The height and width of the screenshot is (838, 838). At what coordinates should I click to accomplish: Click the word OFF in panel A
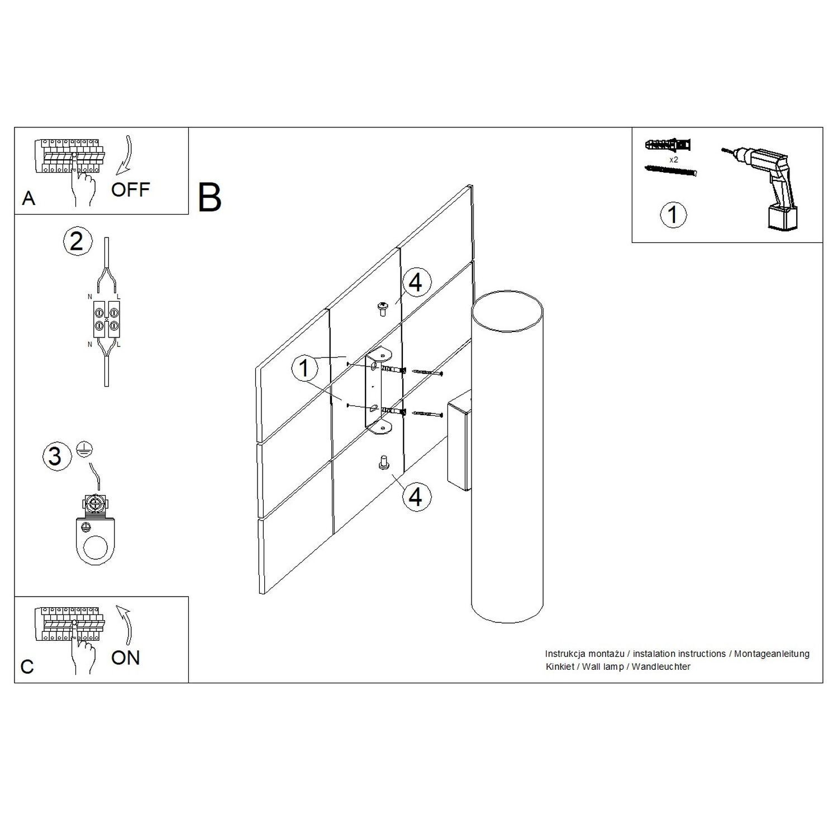coord(130,190)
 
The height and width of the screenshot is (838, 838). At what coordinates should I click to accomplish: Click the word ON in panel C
coord(125,658)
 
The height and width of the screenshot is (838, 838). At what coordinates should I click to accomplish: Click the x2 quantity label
coord(673,160)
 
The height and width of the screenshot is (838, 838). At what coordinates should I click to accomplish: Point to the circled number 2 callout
coord(76,241)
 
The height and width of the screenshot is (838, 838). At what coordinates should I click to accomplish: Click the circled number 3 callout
coord(55,456)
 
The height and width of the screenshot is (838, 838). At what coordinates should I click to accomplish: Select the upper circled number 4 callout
coord(416,283)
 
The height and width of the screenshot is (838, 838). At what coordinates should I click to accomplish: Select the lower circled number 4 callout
coord(416,496)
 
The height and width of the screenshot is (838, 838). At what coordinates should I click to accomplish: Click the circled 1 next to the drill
coord(673,215)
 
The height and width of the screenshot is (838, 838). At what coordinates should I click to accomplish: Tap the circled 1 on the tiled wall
coord(304,369)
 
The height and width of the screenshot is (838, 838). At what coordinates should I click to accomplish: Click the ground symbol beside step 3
coord(84,450)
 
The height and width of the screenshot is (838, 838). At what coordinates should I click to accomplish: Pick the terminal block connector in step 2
coord(107,320)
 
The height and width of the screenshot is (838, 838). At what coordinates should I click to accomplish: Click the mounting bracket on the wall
coord(378,391)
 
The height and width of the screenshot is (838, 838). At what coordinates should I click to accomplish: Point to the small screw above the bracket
coord(384,308)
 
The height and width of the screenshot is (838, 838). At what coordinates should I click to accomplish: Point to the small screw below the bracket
coord(384,463)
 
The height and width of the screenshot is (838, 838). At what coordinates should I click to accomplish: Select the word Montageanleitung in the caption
coord(772,654)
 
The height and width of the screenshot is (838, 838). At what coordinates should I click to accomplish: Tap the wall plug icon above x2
coord(668,145)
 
